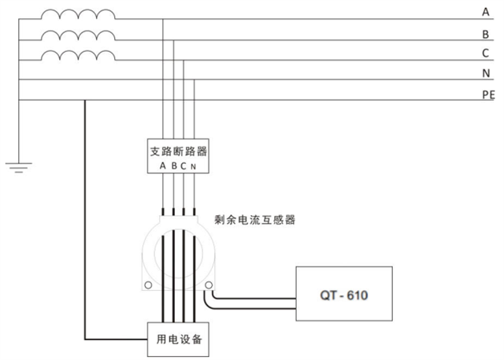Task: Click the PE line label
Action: (487, 95)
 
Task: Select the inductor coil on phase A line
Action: (77, 14)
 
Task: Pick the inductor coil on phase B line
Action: (77, 35)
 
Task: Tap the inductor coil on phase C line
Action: (77, 56)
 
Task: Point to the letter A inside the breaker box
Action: (162, 166)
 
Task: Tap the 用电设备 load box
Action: (177, 339)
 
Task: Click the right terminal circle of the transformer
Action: (209, 285)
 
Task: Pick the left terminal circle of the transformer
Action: (147, 285)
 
